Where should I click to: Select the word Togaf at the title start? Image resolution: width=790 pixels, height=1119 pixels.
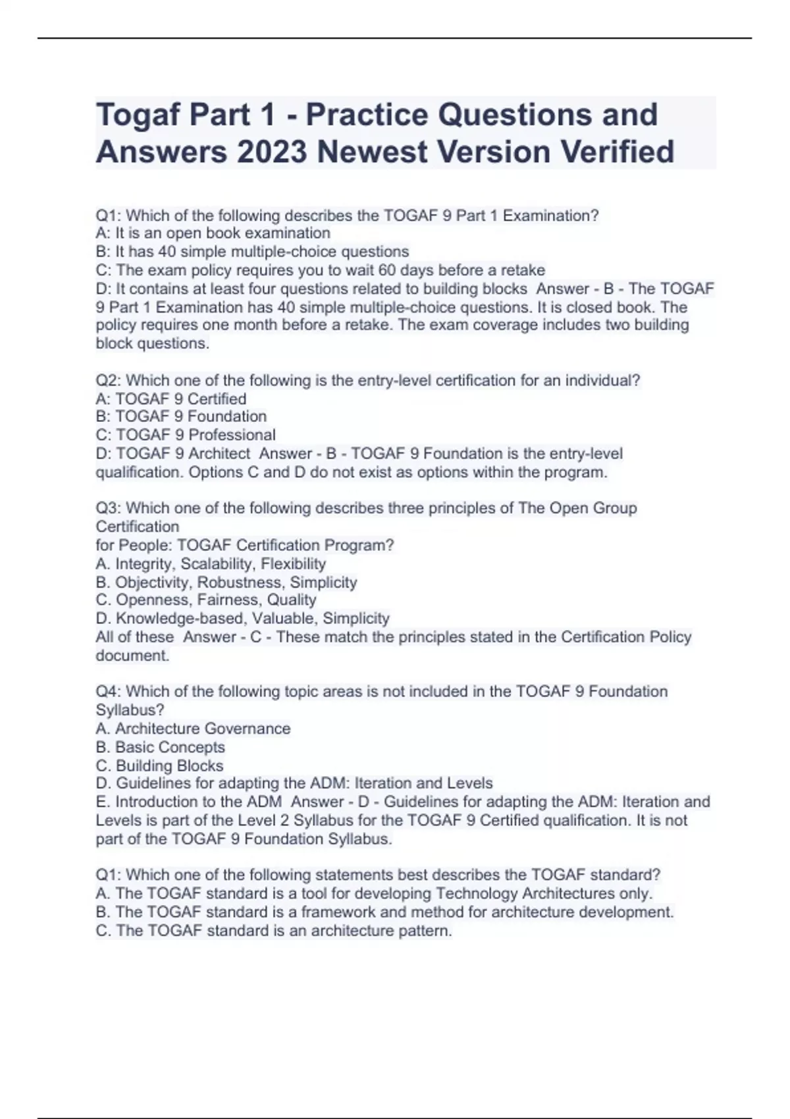pos(138,115)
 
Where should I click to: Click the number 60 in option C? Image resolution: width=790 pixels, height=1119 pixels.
pos(388,270)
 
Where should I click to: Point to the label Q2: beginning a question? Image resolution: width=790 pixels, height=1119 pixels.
pos(109,380)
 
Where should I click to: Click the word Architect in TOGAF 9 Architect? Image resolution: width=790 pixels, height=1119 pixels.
pos(219,454)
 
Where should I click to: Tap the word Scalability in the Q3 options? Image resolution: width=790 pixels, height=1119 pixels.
pos(218,564)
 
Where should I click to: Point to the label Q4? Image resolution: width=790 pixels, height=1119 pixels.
pos(109,692)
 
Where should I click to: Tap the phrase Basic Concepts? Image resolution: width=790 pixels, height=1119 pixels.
pos(170,747)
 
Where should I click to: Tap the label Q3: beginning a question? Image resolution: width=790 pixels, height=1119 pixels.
pos(109,508)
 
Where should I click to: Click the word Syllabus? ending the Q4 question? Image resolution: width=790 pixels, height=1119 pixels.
pos(130,710)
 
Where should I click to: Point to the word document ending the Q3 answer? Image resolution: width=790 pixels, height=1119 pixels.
pos(132,656)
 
